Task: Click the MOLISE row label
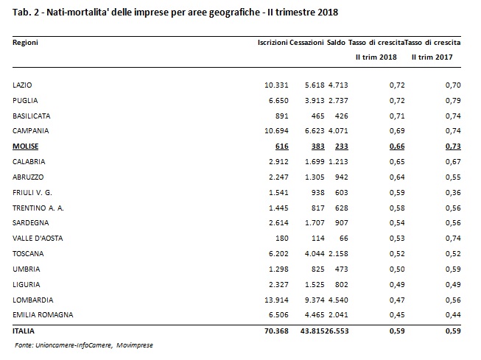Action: (26, 147)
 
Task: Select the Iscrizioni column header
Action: (273, 42)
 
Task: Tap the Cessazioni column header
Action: (306, 42)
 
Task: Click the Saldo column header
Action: (336, 42)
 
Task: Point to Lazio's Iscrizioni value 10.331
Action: (276, 85)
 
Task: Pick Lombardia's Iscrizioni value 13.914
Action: (276, 300)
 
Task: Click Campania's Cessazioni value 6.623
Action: (315, 131)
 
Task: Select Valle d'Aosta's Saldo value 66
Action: (343, 239)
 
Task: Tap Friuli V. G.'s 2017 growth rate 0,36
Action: (453, 193)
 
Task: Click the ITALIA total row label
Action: (24, 331)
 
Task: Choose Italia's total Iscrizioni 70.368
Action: (276, 331)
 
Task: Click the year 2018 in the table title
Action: (328, 13)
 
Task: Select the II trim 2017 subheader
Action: (432, 57)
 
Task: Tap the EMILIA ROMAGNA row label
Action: (43, 315)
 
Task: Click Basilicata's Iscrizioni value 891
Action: (281, 116)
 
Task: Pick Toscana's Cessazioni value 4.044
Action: (315, 254)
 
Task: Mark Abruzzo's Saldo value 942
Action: (342, 177)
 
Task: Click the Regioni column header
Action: (25, 43)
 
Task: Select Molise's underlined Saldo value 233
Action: (342, 147)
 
